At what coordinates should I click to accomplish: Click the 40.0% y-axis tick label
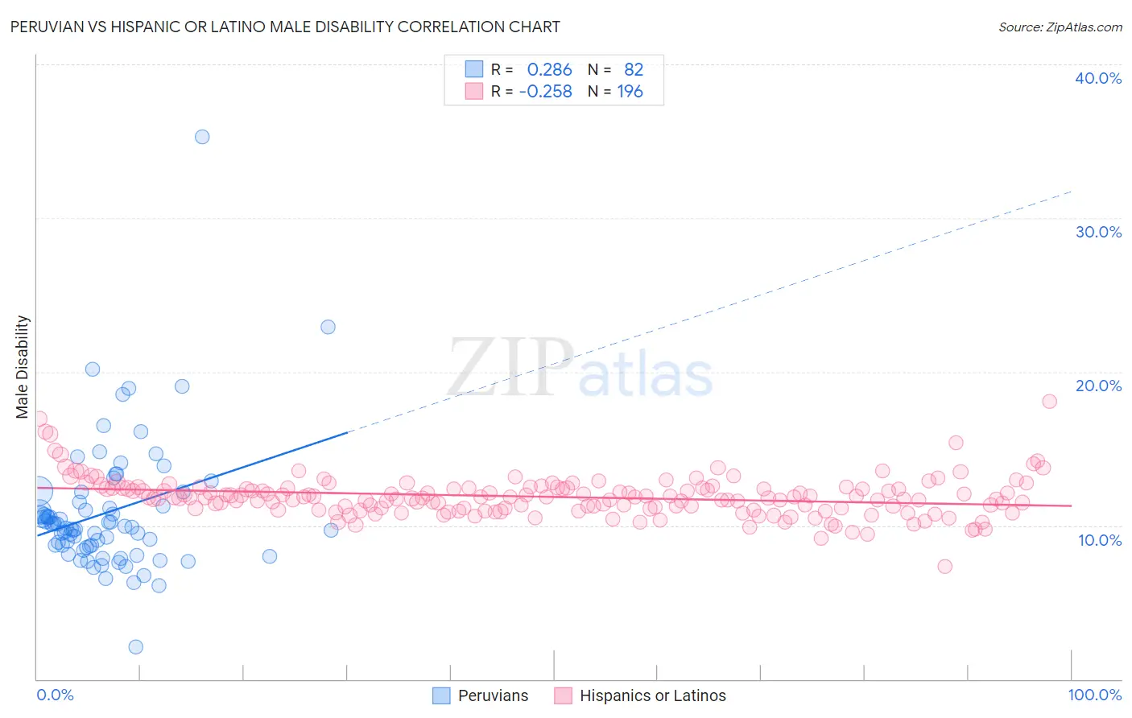pos(1098,78)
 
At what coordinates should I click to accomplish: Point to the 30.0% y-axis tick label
pos(1098,232)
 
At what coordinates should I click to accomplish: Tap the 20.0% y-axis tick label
pos(1098,386)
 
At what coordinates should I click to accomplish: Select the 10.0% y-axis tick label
pos(1100,540)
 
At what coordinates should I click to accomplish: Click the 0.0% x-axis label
pos(55,695)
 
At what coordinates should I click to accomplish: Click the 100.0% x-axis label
pos(1094,695)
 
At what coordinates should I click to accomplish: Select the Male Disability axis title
pos(23,367)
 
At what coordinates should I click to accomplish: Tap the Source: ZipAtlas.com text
pos(1060,27)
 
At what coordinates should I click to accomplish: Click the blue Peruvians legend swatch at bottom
pos(441,695)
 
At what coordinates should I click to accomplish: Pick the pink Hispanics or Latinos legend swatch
pos(563,695)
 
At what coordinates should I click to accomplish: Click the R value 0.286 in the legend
pos(549,70)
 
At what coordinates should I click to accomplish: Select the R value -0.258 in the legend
pos(545,92)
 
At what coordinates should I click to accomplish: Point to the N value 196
pos(630,92)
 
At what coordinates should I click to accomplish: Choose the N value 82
pos(634,70)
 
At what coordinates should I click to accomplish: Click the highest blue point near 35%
pos(202,137)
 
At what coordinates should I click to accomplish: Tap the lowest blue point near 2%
pos(136,647)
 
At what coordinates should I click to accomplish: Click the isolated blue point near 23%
pos(328,327)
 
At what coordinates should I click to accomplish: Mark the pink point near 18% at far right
pos(1049,402)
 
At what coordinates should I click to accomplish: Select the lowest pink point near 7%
pos(945,567)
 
